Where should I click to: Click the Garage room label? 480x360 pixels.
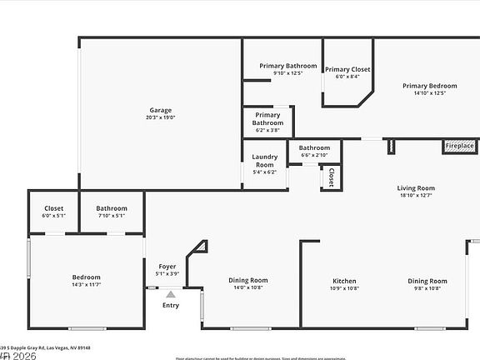click(x=161, y=110)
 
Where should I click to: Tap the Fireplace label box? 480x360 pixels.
click(x=459, y=146)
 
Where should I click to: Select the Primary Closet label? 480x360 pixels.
click(x=347, y=69)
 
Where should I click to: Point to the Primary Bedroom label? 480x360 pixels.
click(x=429, y=85)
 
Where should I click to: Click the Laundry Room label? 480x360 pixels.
click(x=264, y=161)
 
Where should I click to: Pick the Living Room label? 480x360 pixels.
click(x=415, y=188)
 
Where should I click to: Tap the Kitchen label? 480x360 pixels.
click(x=345, y=281)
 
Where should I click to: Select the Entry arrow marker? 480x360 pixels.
click(x=170, y=294)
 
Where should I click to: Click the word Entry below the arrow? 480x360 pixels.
click(x=170, y=305)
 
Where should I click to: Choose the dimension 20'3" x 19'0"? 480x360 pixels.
click(x=162, y=117)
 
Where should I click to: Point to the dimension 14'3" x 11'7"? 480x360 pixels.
click(x=86, y=285)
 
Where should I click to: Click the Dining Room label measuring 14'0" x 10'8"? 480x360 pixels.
click(x=248, y=280)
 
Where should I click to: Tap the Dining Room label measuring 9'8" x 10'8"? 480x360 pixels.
click(x=427, y=281)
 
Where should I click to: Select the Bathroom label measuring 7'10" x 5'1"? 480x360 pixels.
click(x=112, y=208)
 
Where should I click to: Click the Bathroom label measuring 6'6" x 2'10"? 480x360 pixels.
click(x=314, y=147)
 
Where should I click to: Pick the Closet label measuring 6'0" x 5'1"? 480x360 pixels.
click(x=53, y=208)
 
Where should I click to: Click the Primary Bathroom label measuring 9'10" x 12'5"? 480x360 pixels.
click(x=287, y=66)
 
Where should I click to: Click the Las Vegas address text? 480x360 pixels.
click(x=46, y=348)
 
